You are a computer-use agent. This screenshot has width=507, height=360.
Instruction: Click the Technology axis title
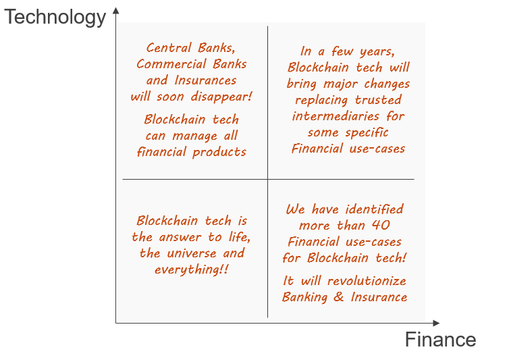click(55, 18)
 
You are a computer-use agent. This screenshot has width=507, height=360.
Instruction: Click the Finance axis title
click(440, 340)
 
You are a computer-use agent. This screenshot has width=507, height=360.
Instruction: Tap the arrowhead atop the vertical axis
click(115, 11)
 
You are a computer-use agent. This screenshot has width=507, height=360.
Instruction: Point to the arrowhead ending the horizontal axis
click(436, 323)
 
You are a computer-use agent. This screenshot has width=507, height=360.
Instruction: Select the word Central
click(169, 48)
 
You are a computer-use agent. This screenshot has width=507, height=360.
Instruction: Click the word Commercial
click(171, 64)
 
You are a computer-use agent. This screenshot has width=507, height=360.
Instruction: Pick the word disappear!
click(221, 97)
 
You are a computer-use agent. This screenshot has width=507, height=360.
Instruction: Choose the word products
click(219, 153)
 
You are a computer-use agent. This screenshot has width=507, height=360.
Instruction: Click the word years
click(377, 52)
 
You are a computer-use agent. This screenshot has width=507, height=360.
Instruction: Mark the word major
click(340, 84)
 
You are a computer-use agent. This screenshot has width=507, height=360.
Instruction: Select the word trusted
click(378, 100)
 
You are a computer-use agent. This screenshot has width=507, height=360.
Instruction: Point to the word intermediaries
click(336, 116)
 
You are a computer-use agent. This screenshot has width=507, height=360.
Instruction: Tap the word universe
click(192, 253)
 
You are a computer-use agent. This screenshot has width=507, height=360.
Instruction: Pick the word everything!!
click(192, 269)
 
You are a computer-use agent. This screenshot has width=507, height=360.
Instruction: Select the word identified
click(375, 209)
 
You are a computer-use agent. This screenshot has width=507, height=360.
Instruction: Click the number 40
click(381, 226)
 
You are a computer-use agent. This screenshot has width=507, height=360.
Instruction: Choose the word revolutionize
click(367, 281)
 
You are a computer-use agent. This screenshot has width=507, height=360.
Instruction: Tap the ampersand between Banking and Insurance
click(338, 297)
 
